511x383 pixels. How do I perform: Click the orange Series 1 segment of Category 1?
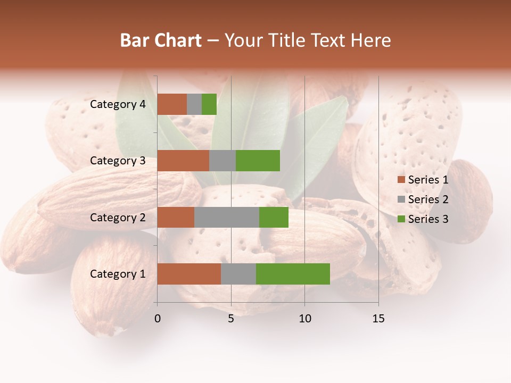pos(189,274)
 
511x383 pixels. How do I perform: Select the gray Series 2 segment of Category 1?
pos(238,274)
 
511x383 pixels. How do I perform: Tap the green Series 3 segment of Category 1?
pos(293,274)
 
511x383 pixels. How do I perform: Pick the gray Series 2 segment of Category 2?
pos(227,217)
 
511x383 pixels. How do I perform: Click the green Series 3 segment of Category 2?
pos(274,217)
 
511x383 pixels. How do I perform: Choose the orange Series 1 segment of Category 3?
pos(183,161)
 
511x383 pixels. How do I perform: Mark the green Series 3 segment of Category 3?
pos(258,161)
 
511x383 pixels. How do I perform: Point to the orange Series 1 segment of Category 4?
pos(172,104)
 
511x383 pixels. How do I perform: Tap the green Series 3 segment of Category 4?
pos(209,104)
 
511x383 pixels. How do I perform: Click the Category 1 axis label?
pos(118,274)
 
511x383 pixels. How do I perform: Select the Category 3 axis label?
pos(118,161)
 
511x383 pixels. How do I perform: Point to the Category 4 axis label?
pos(118,104)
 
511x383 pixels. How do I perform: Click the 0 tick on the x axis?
pos(158,319)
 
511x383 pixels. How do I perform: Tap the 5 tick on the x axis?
pos(231,319)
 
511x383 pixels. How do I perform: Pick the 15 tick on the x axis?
pos(378,319)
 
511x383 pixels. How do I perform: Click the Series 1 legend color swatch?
pos(401,180)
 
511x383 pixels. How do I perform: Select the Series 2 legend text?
pos(428,199)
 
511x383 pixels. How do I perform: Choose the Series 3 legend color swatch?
pos(401,219)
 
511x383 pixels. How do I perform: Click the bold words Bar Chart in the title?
pos(161,40)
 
